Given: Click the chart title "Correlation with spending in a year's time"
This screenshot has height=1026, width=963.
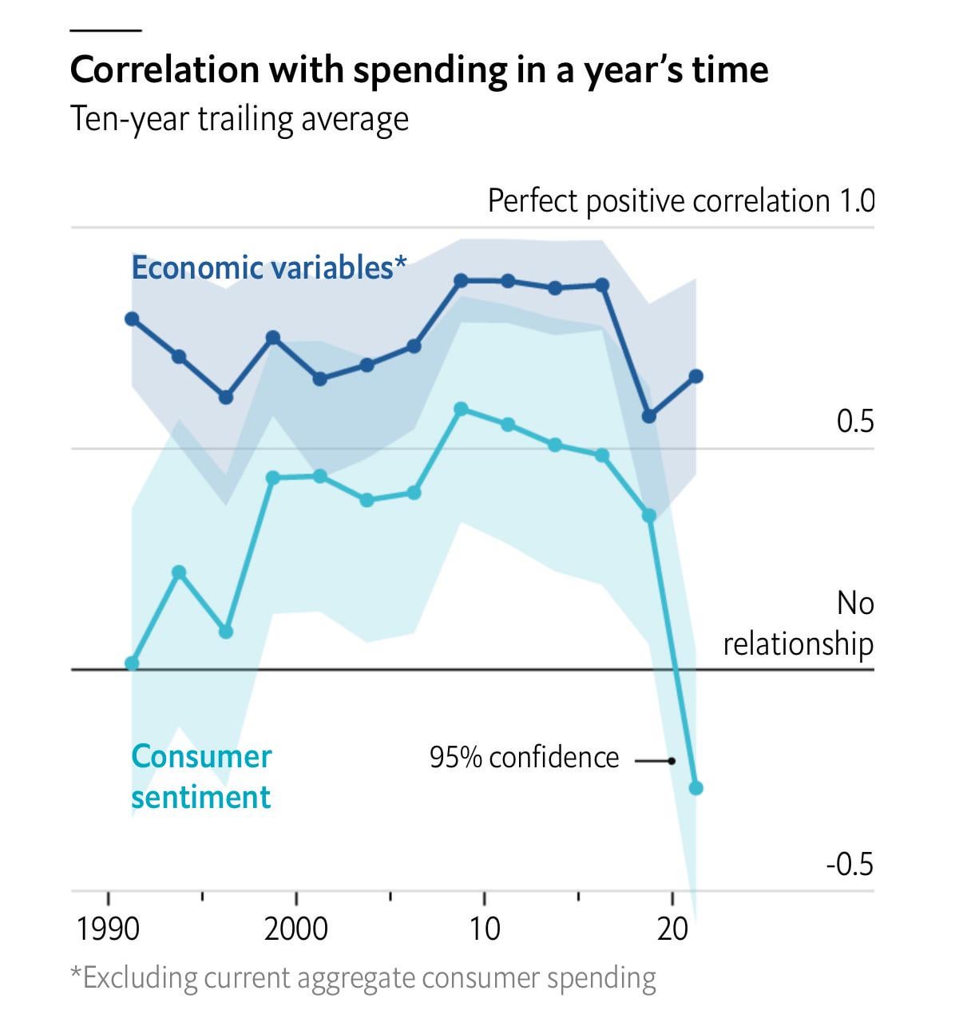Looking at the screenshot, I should coord(419,70).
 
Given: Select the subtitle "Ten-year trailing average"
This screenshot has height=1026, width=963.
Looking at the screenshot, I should coord(240,120).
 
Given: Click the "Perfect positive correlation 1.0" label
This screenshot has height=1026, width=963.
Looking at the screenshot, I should coord(680,201).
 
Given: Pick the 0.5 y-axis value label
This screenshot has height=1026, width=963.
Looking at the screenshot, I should coord(854,421).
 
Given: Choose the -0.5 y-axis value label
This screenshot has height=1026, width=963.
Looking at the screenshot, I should coord(850,864).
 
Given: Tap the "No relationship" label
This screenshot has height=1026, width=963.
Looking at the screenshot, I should coord(799,624).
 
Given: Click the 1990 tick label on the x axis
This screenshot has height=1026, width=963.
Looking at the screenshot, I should coord(108,929).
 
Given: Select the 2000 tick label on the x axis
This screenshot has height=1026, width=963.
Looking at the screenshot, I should coord(296,929).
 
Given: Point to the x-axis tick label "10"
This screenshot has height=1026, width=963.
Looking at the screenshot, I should coord(484,929).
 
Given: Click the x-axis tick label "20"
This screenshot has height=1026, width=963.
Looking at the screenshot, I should coord(672,929).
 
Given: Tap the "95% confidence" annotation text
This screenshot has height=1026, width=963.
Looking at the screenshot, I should coord(524,758).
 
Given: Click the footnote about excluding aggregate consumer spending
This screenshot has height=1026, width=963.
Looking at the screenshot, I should coord(363,978).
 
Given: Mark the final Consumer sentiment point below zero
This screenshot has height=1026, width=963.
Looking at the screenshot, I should coord(695,788).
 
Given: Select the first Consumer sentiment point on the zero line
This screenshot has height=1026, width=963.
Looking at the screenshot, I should coord(133,663).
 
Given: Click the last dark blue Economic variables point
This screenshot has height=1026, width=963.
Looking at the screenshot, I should coord(695,376).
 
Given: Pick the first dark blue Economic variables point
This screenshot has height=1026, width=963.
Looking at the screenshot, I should coord(133,319).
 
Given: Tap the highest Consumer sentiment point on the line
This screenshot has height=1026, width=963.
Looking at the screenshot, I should coord(461,409).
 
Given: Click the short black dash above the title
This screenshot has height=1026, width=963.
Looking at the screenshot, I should coord(105,30).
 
